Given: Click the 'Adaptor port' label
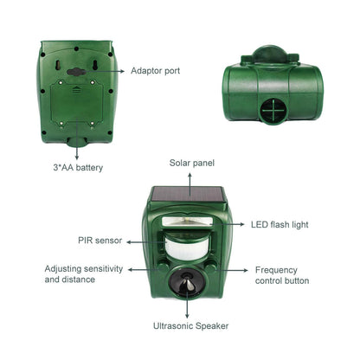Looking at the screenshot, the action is coord(155,71).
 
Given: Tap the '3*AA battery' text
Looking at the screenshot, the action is coord(78,168).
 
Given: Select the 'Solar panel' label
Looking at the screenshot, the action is coord(192,163).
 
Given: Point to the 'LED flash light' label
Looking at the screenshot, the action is coord(280,225).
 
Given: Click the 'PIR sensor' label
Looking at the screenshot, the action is coord(100,241).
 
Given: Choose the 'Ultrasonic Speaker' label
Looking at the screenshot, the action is coord(190,326).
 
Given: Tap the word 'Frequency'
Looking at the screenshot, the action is coord(276,270).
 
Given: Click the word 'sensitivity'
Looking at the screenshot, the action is coord(103,269).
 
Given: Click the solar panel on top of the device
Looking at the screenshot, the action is coord(188,196).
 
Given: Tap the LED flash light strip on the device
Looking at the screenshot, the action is coord(187,222).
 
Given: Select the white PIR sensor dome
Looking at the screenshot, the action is coord(188,247).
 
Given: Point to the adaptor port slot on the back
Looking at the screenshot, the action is coord(76,72).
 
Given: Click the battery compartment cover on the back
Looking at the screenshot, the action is coord(76,103).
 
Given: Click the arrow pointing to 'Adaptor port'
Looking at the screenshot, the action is coord(105,71).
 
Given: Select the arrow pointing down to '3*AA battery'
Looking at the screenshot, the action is coord(77,139).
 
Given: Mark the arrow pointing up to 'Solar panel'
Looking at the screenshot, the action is coord(190,184).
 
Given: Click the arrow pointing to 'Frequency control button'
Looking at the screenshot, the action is coord(232,270).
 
